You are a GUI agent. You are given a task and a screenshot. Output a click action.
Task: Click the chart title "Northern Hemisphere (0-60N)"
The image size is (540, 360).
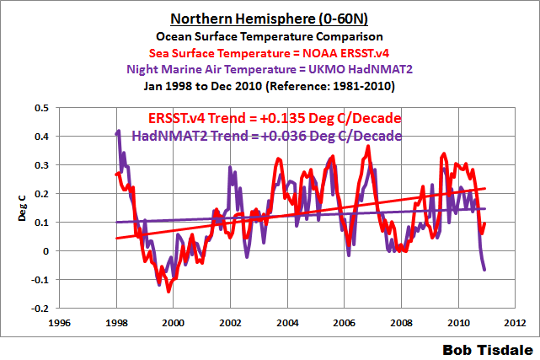point(270,19)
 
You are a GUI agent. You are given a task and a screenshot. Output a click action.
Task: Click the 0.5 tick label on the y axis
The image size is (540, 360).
point(40,108)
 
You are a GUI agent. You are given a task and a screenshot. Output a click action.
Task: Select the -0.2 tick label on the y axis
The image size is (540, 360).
point(39,309)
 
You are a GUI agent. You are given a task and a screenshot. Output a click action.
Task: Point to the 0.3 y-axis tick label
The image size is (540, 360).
point(40,165)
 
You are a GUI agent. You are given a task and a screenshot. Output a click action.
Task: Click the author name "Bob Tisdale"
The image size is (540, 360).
point(488,347)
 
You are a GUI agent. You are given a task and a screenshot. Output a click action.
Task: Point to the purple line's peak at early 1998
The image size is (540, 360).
point(119,132)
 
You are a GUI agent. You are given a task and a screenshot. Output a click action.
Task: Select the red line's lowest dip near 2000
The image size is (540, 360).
point(168,291)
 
